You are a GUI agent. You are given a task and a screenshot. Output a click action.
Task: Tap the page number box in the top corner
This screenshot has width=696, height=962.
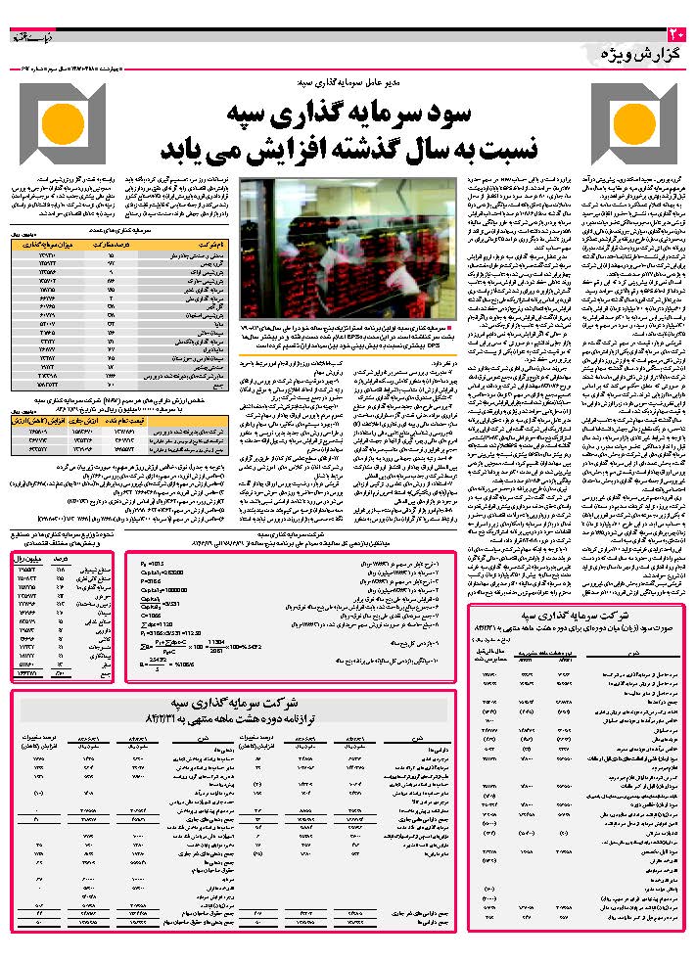click(x=682, y=35)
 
